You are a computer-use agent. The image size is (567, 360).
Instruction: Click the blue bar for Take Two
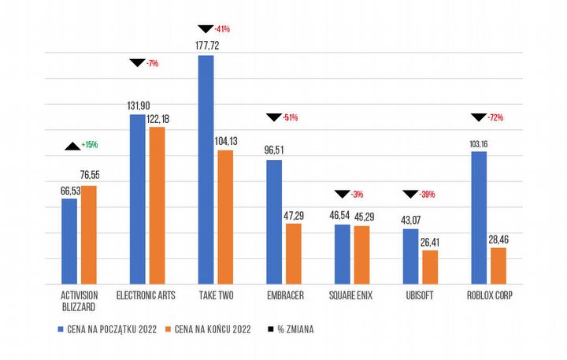point(206,169)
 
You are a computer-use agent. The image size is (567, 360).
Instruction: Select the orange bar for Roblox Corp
point(498,265)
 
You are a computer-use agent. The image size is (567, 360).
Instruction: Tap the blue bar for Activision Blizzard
point(69,241)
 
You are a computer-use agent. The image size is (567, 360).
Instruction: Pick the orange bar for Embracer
point(293,254)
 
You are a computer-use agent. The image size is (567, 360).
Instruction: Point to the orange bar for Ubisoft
point(429,267)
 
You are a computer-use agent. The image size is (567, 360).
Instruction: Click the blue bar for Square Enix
point(342,254)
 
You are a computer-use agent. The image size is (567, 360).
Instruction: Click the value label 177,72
point(206,46)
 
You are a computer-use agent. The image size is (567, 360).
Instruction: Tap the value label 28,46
point(499,238)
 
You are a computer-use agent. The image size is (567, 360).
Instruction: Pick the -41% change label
point(222,29)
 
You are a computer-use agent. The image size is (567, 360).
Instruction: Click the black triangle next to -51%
point(273,117)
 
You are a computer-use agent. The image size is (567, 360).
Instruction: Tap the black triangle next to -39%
point(410,194)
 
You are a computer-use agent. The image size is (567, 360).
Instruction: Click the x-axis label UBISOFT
point(420,295)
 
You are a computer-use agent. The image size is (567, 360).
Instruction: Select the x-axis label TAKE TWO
point(215,295)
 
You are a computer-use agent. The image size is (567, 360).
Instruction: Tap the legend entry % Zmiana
point(291,329)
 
